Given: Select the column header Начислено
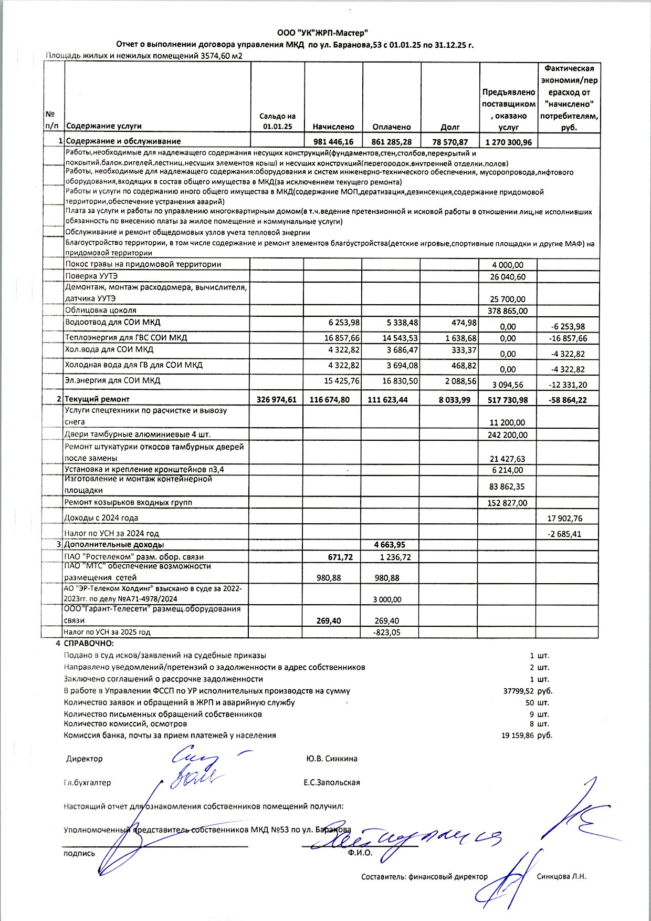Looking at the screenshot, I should coord(333,127).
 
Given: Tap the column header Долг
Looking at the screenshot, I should coord(450,127).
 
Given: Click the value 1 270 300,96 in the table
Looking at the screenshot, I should coord(508,142).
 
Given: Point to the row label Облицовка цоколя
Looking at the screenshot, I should coord(100,310).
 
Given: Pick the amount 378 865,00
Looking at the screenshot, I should coord(508,311).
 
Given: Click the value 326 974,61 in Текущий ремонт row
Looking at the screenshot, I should coord(277,400).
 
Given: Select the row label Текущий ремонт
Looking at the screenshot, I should coord(97,399).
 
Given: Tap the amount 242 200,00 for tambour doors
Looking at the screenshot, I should coord(508,435).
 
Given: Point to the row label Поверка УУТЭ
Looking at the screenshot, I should coord(91,276).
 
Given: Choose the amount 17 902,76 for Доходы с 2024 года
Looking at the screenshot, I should coord(565,519).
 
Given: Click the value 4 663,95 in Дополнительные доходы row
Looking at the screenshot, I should coord(390,545).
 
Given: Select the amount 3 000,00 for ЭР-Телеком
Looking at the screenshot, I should coord(387,599).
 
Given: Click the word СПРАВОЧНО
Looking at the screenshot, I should coord(89,644).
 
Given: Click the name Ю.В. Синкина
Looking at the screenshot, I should coord(331,759).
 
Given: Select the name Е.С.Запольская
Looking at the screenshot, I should coord(331,782).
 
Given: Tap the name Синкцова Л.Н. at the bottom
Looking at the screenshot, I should coord(561,876).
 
